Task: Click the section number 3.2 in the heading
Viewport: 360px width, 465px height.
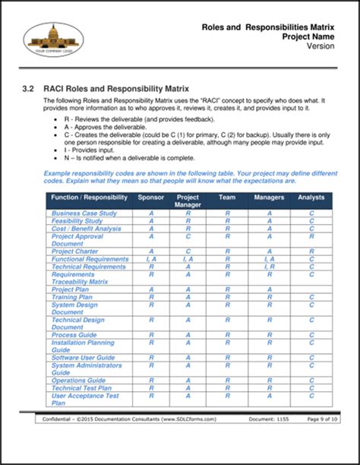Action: point(31,88)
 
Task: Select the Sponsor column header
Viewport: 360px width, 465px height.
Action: point(150,197)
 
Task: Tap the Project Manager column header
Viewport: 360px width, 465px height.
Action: point(188,201)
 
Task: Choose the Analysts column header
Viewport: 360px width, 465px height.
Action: point(311,197)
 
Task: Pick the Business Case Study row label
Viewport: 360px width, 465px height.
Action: point(84,214)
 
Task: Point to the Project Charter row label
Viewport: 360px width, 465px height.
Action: point(75,251)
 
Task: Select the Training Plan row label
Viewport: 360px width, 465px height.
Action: point(72,296)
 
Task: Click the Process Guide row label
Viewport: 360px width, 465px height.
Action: point(74,334)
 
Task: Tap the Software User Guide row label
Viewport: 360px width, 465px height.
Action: point(83,357)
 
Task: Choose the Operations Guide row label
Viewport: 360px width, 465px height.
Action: point(78,380)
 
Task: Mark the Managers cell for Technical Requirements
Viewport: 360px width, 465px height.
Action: point(269,267)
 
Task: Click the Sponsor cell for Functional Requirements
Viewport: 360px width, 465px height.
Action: point(150,259)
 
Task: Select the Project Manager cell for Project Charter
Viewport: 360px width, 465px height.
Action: point(188,251)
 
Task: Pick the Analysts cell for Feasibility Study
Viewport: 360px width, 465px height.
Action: point(311,221)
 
